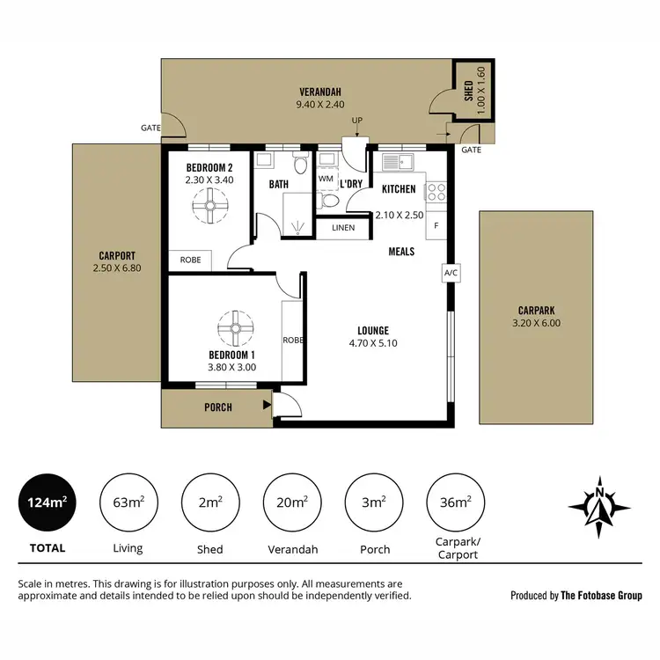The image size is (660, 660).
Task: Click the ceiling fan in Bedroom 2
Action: tap(209, 208)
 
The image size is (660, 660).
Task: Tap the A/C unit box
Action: tap(451, 273)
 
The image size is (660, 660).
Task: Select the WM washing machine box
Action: tap(326, 179)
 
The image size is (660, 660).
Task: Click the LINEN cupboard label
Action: tap(343, 228)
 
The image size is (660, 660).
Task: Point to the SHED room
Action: tap(473, 92)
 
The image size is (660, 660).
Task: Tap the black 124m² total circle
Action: tap(41, 503)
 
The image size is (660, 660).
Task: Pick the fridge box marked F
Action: tap(436, 225)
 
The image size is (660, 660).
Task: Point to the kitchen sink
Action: tap(399, 162)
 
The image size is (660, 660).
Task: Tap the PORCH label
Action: tap(218, 407)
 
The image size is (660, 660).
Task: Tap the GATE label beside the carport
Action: tap(150, 128)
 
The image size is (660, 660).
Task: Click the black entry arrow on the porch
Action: tap(266, 406)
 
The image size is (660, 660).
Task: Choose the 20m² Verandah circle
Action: tap(292, 503)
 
